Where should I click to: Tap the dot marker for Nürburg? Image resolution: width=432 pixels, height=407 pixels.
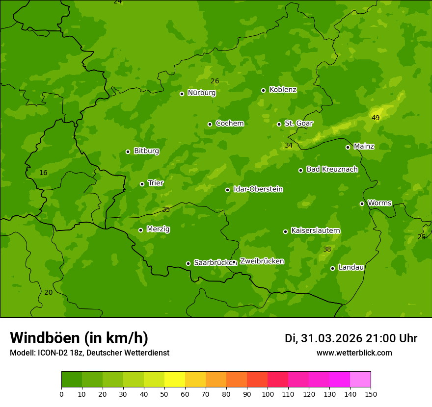182,94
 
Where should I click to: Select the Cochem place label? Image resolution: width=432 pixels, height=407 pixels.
229,124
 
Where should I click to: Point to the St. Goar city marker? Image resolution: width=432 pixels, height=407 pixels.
279,124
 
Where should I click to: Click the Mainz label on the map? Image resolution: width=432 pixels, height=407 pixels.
364,147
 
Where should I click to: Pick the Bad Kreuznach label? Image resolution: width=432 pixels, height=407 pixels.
332,170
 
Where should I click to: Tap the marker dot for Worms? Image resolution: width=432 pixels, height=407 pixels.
362,203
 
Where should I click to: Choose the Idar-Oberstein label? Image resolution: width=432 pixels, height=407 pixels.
258,189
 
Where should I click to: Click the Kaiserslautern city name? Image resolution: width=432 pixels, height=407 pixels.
315,231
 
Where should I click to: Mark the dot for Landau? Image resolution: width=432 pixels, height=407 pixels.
332,268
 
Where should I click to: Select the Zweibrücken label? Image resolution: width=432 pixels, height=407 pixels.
262,261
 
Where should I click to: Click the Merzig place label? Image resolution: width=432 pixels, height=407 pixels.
158,229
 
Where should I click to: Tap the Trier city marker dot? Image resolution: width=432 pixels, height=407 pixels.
142,184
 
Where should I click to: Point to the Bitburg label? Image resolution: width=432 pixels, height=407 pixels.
146,151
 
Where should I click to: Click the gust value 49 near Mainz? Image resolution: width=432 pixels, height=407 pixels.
376,118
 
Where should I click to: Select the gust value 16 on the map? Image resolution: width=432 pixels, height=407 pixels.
44,173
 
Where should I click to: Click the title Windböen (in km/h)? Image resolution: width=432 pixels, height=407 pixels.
79,338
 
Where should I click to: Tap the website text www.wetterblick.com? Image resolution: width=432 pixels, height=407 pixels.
354,353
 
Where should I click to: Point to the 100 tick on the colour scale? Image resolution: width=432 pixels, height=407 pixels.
268,394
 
